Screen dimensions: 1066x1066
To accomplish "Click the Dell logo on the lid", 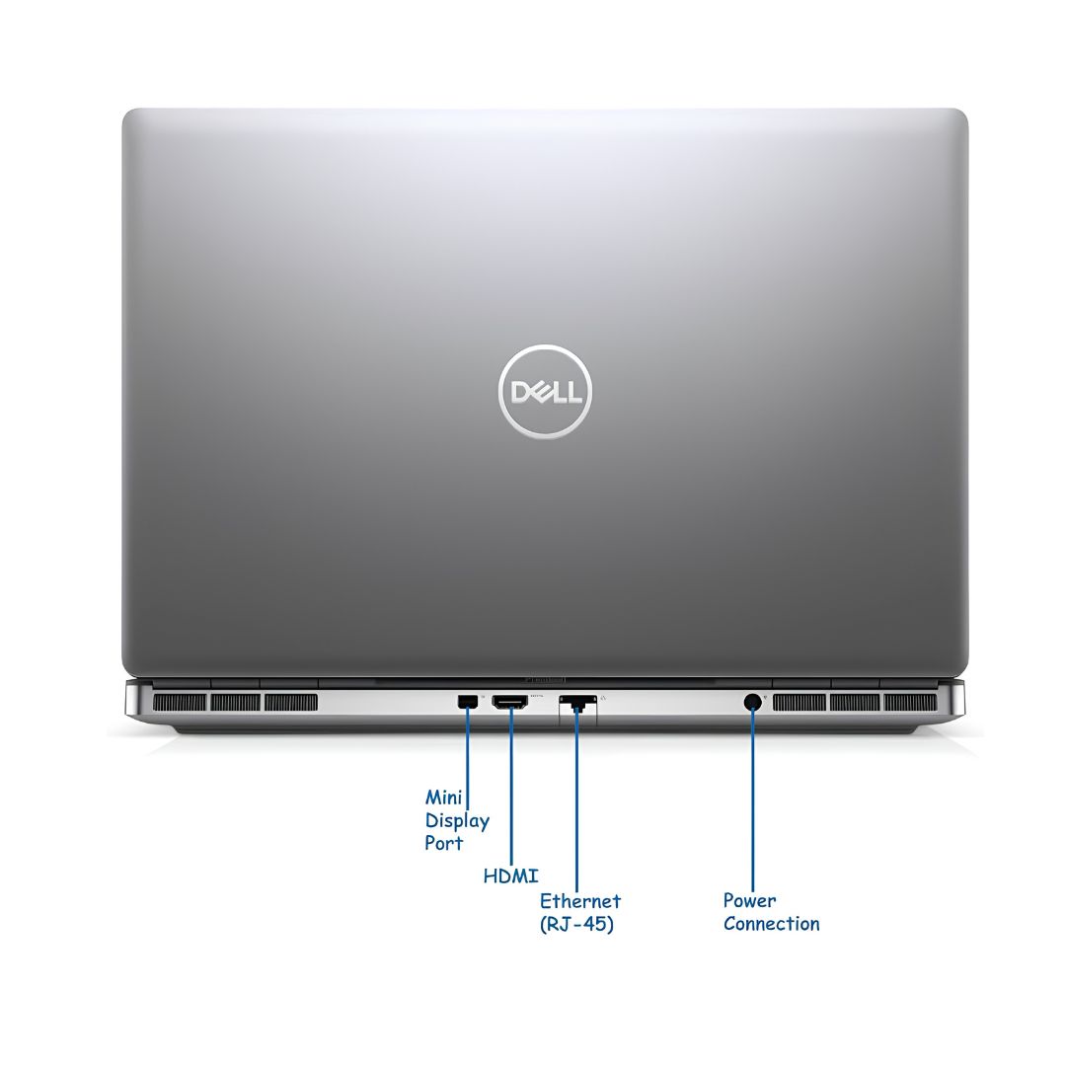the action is click(545, 392).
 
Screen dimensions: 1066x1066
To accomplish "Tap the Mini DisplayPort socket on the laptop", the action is click(467, 702).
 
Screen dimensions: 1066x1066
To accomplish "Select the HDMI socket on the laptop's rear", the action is click(510, 703).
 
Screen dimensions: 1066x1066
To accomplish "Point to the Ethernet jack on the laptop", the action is click(577, 703).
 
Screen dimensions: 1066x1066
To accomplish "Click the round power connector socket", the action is click(752, 702).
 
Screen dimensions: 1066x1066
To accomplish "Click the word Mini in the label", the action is click(443, 797).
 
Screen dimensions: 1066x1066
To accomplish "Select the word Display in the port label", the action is click(457, 820).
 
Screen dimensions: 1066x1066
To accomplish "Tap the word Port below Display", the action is click(443, 843).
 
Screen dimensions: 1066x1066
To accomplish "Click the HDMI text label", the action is click(510, 876).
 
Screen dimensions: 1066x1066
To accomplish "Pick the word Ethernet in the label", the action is click(580, 901).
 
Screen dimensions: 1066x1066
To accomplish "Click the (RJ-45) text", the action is click(576, 924).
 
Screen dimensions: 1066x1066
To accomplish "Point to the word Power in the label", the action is click(749, 901).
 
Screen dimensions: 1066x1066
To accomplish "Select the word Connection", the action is click(771, 923).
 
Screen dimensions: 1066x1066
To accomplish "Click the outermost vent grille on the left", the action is click(180, 703).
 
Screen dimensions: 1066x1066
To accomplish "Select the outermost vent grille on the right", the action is click(910, 703).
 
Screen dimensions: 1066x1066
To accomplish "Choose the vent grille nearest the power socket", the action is click(799, 703).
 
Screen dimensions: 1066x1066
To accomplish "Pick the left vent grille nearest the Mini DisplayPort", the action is click(291, 703).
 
